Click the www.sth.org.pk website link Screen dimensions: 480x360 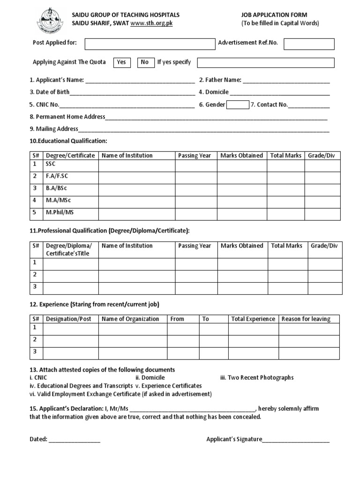pos(151,23)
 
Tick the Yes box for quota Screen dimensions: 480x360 pos(121,62)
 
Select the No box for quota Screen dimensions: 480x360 pos(144,62)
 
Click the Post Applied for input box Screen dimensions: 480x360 pos(149,44)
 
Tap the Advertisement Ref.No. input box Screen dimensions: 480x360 pos(309,44)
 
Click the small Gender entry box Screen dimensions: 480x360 pos(238,105)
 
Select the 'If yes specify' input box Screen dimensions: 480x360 pos(266,62)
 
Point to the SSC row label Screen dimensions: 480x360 pos(51,165)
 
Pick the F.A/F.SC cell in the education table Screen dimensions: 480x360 pos(57,176)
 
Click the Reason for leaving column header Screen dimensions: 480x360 pos(306,319)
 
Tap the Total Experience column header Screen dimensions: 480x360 pos(253,319)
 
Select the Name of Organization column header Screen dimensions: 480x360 pos(130,319)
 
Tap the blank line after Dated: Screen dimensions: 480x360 pos(74,440)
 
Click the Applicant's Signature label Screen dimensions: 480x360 pos(234,439)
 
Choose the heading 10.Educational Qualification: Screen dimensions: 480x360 pos(68,141)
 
